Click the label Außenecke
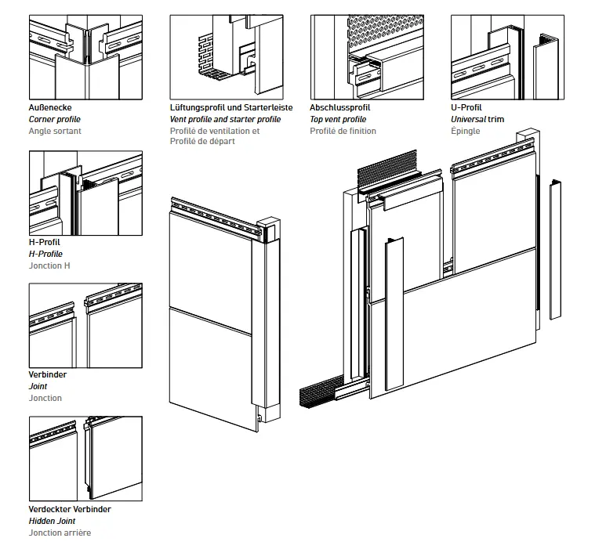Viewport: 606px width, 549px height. [51, 107]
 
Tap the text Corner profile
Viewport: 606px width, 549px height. [55, 119]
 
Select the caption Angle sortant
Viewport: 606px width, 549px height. [55, 131]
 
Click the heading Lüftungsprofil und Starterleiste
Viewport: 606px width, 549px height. [231, 107]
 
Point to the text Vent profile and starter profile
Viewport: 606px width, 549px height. [225, 119]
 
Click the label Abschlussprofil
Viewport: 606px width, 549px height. [340, 107]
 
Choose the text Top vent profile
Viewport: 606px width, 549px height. [338, 119]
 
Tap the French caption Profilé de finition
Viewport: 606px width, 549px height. [343, 131]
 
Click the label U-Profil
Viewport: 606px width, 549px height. [466, 107]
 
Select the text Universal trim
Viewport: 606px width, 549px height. [477, 119]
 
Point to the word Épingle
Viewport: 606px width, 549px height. [466, 131]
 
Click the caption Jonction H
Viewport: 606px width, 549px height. [49, 265]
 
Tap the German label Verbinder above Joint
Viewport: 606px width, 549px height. [48, 374]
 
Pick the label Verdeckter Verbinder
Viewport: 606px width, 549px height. [70, 509]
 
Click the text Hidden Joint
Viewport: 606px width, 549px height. [53, 521]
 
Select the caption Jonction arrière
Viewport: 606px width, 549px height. [60, 533]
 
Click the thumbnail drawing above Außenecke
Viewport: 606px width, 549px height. [85, 57]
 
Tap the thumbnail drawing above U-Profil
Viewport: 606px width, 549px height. [507, 57]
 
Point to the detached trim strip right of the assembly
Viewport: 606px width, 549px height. [556, 249]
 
